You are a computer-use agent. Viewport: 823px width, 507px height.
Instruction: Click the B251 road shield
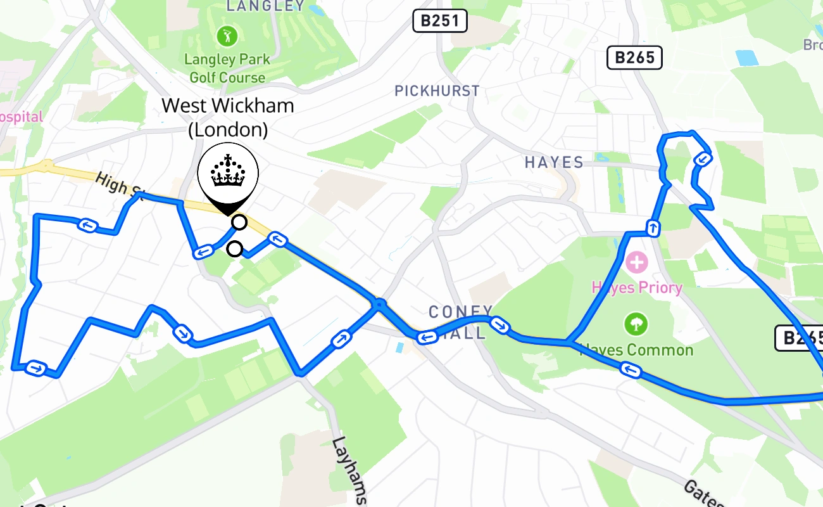coord(440,21)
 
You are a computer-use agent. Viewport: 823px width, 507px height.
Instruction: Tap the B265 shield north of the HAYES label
coord(634,58)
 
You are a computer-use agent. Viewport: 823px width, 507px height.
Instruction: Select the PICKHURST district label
coord(437,91)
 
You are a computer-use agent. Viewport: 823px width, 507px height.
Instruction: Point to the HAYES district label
coord(554,163)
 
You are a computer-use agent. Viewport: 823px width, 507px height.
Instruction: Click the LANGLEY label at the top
coord(265,6)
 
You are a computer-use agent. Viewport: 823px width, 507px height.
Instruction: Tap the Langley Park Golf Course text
coord(227,68)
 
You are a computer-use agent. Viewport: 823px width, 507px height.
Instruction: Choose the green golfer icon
coord(226,36)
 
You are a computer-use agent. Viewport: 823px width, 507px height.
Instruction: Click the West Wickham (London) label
coord(228,117)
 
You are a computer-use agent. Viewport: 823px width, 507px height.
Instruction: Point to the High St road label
coord(120,184)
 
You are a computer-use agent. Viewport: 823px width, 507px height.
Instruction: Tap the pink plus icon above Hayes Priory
coord(636,261)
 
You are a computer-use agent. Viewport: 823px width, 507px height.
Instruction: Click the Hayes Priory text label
coord(637,288)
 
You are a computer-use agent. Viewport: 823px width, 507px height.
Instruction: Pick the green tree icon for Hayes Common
coord(636,324)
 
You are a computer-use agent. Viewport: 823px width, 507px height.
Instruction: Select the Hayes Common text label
coord(636,350)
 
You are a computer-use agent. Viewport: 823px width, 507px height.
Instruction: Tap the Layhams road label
coord(349,469)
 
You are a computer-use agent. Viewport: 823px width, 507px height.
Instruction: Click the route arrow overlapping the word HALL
coord(427,337)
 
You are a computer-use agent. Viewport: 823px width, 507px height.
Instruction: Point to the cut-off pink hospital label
coord(22,117)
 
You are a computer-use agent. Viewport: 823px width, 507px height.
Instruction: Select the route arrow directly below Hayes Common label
coord(630,369)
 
